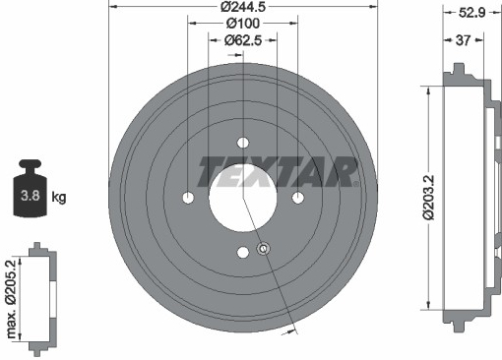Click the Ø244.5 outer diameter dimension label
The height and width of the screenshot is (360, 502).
pyautogui.click(x=243, y=6)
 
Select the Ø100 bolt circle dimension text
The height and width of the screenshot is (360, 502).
pyautogui.click(x=243, y=24)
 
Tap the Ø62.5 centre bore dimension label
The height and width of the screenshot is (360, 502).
pyautogui.click(x=243, y=40)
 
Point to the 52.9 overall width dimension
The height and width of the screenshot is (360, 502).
pyautogui.click(x=471, y=13)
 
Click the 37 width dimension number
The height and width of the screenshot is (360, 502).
pyautogui.click(x=463, y=40)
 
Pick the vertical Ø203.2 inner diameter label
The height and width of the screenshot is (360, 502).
pyautogui.click(x=428, y=198)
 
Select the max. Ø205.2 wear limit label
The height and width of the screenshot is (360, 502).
pyautogui.click(x=11, y=299)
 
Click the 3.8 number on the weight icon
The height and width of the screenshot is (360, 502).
pyautogui.click(x=31, y=196)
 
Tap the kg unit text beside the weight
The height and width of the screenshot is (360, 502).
pyautogui.click(x=59, y=198)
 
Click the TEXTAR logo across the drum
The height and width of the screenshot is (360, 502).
pyautogui.click(x=278, y=172)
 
